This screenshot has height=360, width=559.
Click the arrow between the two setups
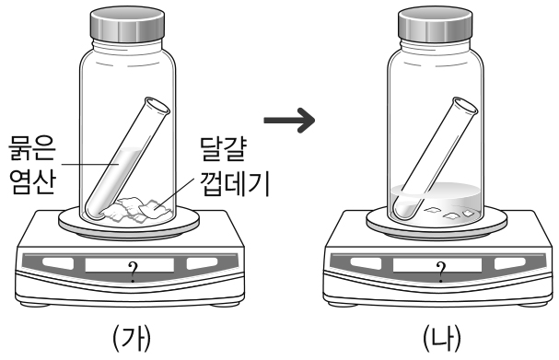pyautogui.click(x=289, y=121)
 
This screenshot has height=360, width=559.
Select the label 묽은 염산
pyautogui.click(x=32, y=165)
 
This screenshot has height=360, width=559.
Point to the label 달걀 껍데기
pyautogui.click(x=234, y=167)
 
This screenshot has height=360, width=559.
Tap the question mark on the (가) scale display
pyautogui.click(x=133, y=272)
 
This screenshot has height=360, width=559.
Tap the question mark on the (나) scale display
pyautogui.click(x=441, y=272)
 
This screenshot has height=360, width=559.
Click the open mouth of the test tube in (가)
pyautogui.click(x=157, y=106)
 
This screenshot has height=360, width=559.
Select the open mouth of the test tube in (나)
pyautogui.click(x=465, y=106)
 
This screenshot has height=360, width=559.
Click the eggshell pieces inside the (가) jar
pyautogui.click(x=136, y=209)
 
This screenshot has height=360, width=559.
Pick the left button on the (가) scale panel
pyautogui.click(x=58, y=263)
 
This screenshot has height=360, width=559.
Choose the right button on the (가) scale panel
pyautogui.click(x=202, y=263)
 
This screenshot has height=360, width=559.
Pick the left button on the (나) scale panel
pyautogui.click(x=367, y=263)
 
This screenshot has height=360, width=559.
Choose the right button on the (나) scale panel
pyautogui.click(x=510, y=263)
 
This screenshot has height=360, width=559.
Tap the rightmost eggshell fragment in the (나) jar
pyautogui.click(x=468, y=214)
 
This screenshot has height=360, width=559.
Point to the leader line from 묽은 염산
pyautogui.click(x=90, y=165)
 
